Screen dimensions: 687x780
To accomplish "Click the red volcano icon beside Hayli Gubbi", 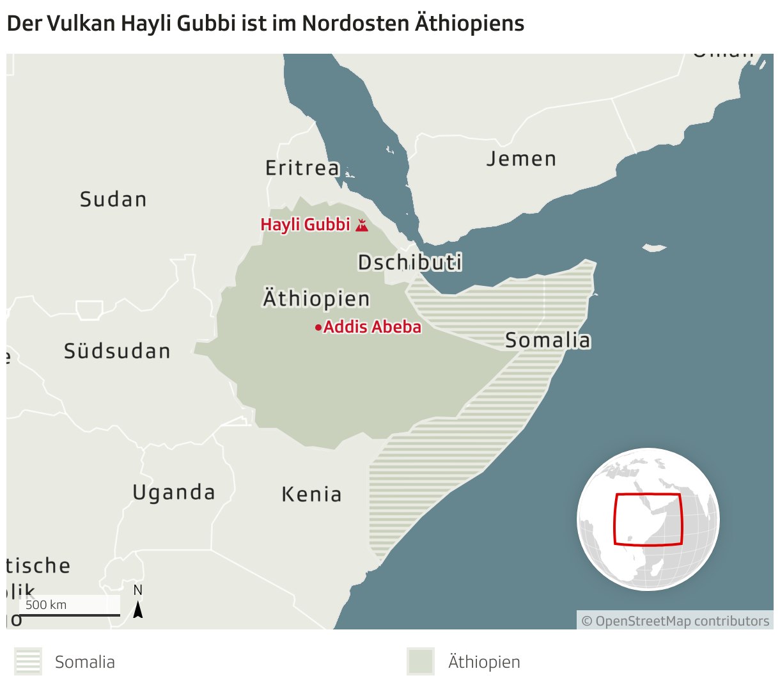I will (x=362, y=225).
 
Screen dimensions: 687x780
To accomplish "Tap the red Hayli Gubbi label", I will (x=306, y=225).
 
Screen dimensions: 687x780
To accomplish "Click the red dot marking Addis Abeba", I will (x=318, y=328).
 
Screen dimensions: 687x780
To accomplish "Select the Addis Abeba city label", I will (x=372, y=327).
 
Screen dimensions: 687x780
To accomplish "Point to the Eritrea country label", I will (x=302, y=168).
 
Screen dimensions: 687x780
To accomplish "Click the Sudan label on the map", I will (x=113, y=200).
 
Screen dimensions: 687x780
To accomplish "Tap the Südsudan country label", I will (x=118, y=351).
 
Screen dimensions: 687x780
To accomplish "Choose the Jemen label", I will (x=522, y=159).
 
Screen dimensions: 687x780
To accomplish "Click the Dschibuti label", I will (x=410, y=262).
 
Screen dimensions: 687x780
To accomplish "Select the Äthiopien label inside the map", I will (x=316, y=299).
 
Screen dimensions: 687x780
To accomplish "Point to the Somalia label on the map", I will (x=548, y=340).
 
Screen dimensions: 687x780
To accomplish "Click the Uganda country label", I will (x=174, y=493).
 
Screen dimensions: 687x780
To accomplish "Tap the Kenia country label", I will (x=312, y=494).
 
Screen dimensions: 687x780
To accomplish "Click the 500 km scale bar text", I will (x=46, y=605).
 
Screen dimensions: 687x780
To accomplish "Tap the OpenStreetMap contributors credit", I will (x=675, y=621).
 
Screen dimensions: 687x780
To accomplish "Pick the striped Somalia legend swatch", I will (x=28, y=661).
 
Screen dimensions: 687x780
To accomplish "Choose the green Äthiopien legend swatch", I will (x=421, y=661).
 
